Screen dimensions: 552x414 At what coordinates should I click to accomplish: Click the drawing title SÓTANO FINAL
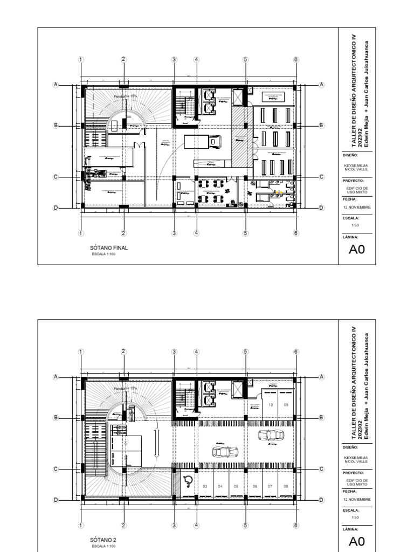click(x=108, y=248)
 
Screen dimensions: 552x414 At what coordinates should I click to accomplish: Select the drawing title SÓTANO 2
click(x=102, y=540)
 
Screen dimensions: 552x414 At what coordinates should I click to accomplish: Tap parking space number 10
click(x=271, y=404)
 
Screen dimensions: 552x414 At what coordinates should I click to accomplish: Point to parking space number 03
click(x=205, y=486)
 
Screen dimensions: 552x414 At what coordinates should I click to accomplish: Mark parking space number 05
click(x=236, y=486)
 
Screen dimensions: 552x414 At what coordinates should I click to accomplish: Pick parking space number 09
click(x=286, y=404)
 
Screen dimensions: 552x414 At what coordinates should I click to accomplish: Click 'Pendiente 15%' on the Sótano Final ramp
click(x=125, y=96)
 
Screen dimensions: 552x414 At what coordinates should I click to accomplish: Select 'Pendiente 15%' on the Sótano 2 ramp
click(x=125, y=388)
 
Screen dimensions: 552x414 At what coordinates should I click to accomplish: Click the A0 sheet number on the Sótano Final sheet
click(x=357, y=249)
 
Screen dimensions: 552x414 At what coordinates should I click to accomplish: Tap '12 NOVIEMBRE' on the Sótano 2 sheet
click(x=357, y=499)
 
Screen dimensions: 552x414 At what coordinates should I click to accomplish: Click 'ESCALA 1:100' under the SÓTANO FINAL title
click(x=102, y=254)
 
